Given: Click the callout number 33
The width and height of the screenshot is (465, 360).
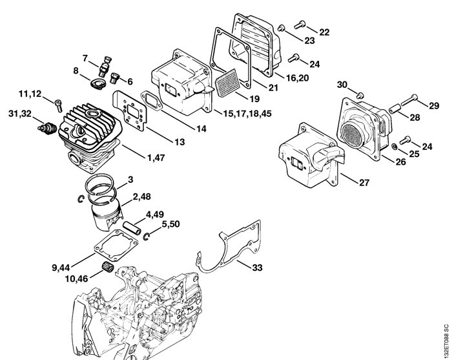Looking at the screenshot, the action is (257, 268).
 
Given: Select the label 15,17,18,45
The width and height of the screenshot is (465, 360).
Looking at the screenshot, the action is (247, 114).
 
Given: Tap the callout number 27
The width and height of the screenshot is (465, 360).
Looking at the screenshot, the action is (364, 182).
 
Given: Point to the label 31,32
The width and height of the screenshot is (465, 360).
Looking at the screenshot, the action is (20, 114).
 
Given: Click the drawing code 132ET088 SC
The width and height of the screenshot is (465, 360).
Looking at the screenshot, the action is (446, 341).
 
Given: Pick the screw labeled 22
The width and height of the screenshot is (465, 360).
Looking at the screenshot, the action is (300, 25).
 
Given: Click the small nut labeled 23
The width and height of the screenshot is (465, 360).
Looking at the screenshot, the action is (281, 28).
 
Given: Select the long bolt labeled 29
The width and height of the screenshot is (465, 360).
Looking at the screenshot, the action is (409, 100).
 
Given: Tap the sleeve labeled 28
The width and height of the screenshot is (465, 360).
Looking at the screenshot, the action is (395, 109).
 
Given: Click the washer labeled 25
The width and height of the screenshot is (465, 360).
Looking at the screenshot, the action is (394, 146).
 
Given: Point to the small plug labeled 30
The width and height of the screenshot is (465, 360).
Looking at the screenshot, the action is (360, 95).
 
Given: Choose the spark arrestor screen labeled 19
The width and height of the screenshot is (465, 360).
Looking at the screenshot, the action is (227, 83).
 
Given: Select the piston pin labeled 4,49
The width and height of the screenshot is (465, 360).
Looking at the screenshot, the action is (131, 228).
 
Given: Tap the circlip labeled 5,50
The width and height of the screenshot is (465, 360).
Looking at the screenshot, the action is (147, 236).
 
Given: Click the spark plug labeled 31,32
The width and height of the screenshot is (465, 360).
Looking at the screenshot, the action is (47, 128).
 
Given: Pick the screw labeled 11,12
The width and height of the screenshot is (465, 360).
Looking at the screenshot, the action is (58, 105).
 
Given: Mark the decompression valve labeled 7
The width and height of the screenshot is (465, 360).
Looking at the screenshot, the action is (105, 67).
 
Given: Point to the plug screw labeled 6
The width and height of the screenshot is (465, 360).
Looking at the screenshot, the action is (114, 78).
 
